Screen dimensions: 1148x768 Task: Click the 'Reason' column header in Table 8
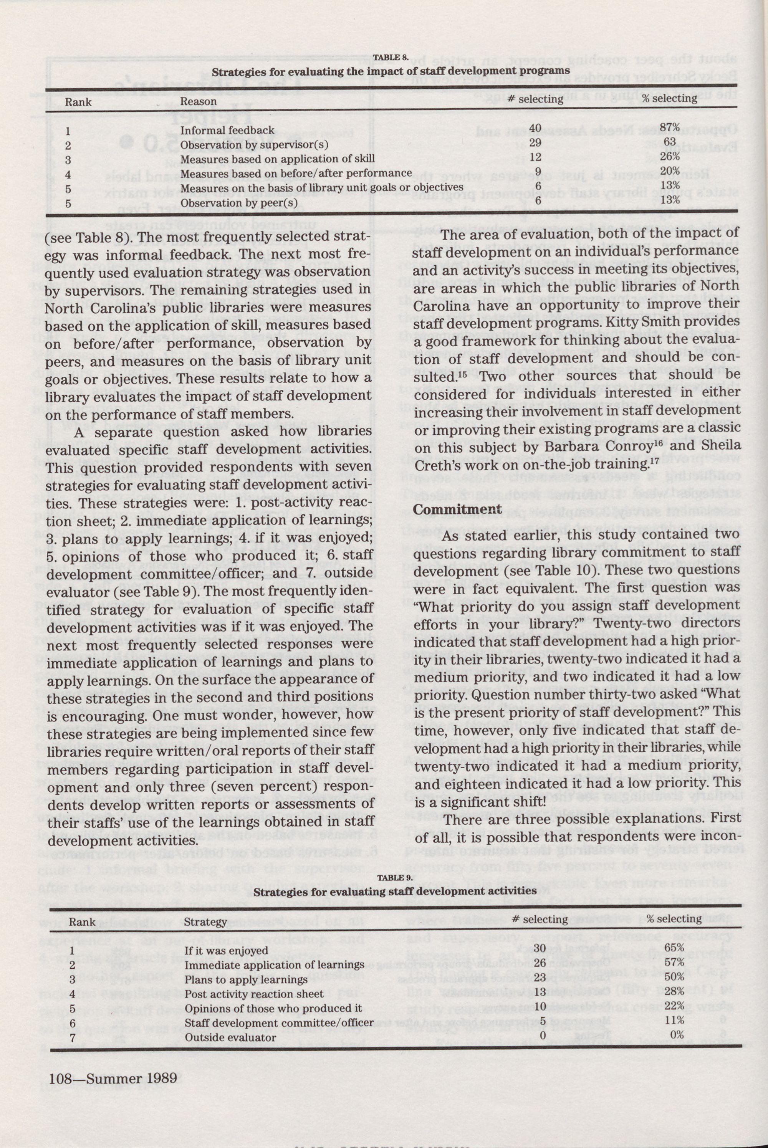click(199, 101)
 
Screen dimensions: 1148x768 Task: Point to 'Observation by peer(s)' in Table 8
click(239, 202)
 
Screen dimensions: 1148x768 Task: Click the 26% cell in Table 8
click(670, 156)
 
